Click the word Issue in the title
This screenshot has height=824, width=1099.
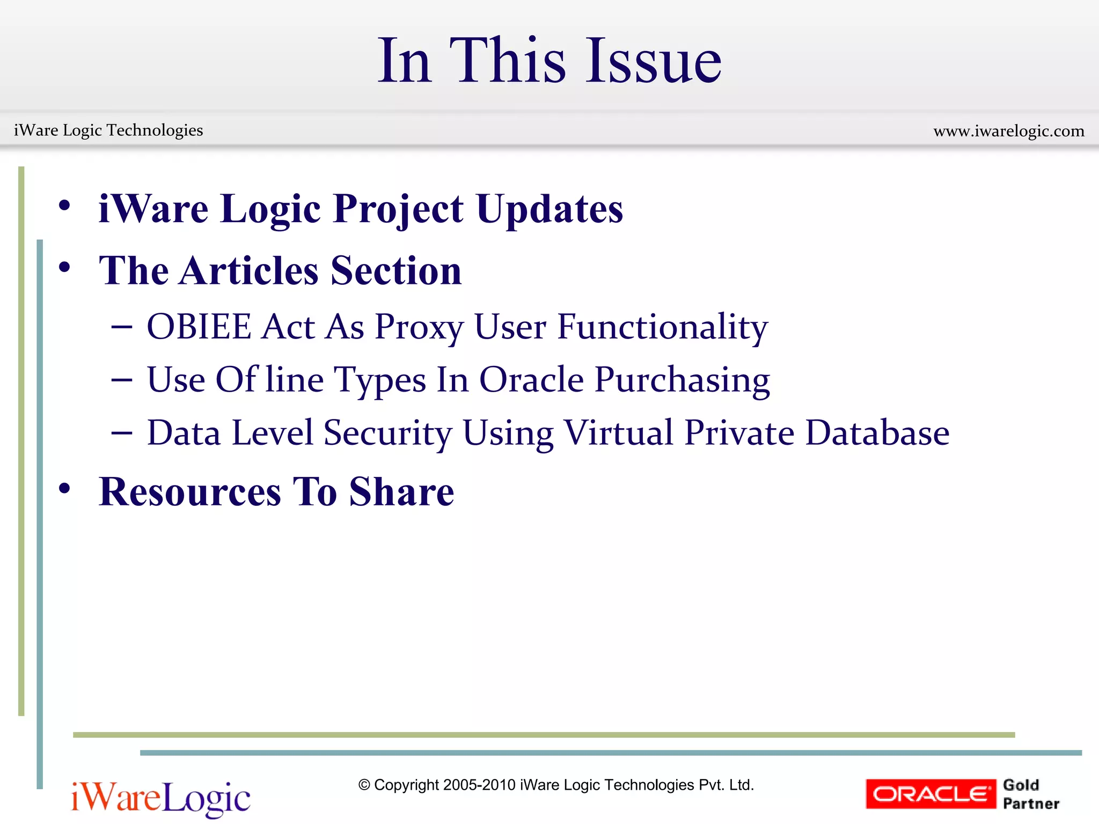click(x=653, y=62)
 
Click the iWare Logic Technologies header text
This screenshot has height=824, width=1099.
click(x=108, y=130)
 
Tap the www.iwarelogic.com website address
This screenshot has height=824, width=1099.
click(x=1009, y=131)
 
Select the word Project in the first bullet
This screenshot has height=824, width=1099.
click(x=398, y=209)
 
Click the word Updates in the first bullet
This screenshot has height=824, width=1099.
click(x=549, y=209)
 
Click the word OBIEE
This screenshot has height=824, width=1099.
click(x=199, y=327)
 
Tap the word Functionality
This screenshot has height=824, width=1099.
click(x=663, y=327)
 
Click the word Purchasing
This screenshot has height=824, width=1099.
click(x=682, y=380)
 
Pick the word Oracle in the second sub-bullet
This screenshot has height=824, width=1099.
click(x=531, y=380)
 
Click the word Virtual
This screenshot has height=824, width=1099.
click(x=618, y=432)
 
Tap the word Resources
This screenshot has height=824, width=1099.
click(x=190, y=492)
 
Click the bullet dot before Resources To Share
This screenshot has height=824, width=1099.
click(x=65, y=489)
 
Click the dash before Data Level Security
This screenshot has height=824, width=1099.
click(x=122, y=433)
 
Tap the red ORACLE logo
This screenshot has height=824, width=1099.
click(x=931, y=794)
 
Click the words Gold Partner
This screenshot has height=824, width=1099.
click(x=1030, y=794)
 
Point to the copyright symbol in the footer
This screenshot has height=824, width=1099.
click(x=364, y=785)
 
